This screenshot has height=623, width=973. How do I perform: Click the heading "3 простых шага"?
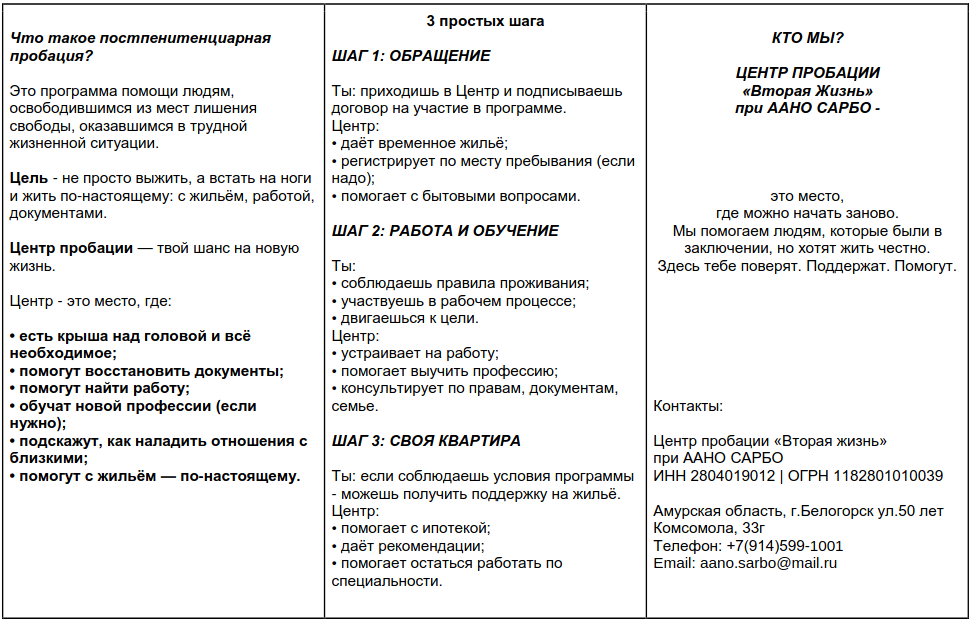pyautogui.click(x=486, y=21)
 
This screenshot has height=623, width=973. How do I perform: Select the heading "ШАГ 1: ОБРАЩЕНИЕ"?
pyautogui.click(x=411, y=55)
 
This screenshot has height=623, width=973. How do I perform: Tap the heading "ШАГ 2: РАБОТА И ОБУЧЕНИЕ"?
pyautogui.click(x=444, y=231)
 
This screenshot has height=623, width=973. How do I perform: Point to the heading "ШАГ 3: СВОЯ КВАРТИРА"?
pyautogui.click(x=426, y=441)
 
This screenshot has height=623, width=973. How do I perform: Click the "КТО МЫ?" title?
pyautogui.click(x=808, y=38)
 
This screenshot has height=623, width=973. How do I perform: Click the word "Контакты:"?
pyautogui.click(x=688, y=406)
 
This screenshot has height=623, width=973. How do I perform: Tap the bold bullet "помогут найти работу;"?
pyautogui.click(x=100, y=388)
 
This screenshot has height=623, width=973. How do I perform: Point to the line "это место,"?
pyautogui.click(x=807, y=196)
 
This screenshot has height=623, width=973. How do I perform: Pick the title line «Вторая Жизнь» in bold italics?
pyautogui.click(x=808, y=91)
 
